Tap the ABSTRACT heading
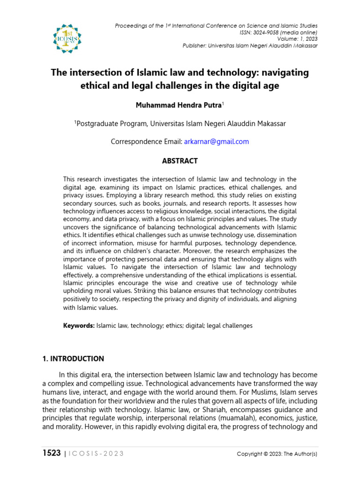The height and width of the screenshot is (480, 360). tap(180, 161)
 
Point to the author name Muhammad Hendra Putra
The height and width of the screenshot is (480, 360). tap(178, 105)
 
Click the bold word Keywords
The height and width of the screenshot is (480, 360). tap(79, 325)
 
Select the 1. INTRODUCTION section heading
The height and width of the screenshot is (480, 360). tap(73, 359)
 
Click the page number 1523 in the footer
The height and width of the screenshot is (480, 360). tap(51, 453)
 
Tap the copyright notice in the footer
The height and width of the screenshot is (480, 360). tap(277, 454)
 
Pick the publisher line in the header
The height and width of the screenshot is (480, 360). tap(250, 45)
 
